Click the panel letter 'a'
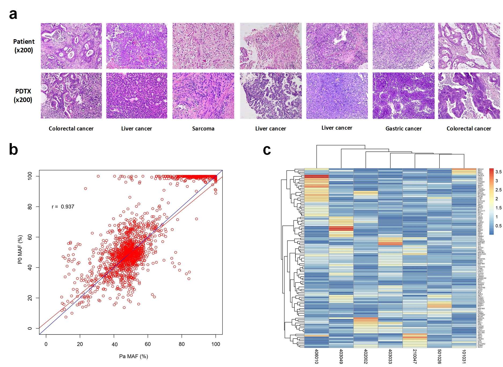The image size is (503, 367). (x=13, y=14)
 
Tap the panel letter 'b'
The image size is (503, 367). (x=13, y=149)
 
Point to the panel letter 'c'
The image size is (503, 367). (x=267, y=150)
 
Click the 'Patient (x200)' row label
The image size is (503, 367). (x=24, y=46)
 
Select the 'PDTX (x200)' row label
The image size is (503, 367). (x=23, y=96)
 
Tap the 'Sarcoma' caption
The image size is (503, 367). (x=203, y=129)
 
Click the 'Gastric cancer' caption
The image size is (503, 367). (x=403, y=129)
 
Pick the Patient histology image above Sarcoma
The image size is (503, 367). (x=203, y=46)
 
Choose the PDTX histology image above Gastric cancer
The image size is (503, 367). (x=403, y=96)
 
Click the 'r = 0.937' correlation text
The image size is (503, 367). (x=63, y=206)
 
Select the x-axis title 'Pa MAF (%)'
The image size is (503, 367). (x=134, y=356)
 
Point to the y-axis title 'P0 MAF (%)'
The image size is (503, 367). (x=20, y=249)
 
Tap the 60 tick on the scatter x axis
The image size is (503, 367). (x=148, y=344)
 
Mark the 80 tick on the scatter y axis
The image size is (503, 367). (x=30, y=206)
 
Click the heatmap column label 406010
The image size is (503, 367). (x=316, y=357)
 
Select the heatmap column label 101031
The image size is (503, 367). (x=464, y=357)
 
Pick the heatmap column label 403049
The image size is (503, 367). (x=341, y=357)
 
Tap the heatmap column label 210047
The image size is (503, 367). (x=415, y=357)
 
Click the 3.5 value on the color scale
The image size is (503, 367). (x=498, y=172)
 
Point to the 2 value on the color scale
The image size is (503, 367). (x=497, y=199)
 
